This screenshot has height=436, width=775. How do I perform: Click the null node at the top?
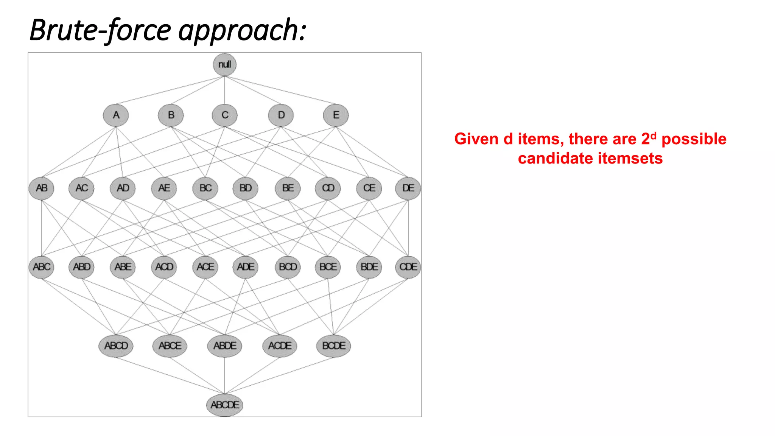tap(224, 64)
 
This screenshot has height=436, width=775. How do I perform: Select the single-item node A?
tap(116, 115)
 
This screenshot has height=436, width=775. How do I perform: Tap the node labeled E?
tap(336, 115)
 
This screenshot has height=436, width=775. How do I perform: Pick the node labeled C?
tap(225, 115)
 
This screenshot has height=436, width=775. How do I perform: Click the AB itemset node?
tap(42, 188)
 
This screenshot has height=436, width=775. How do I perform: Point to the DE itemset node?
tap(408, 188)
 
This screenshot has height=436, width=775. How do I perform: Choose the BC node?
tap(205, 188)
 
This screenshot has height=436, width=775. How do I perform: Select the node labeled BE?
tap(288, 188)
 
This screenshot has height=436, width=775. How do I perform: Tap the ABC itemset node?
tap(42, 267)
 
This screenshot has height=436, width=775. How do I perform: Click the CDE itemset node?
tap(408, 267)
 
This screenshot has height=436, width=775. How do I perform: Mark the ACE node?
tap(205, 267)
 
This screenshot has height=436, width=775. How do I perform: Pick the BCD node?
tap(288, 267)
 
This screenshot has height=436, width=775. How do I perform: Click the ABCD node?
tap(116, 346)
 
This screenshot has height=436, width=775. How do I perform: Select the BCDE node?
tap(333, 346)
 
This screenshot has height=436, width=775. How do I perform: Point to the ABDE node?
tap(225, 346)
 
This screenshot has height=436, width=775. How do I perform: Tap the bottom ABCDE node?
tap(225, 405)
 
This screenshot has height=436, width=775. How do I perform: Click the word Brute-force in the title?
tap(100, 30)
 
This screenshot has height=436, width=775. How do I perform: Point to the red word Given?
tap(476, 139)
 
